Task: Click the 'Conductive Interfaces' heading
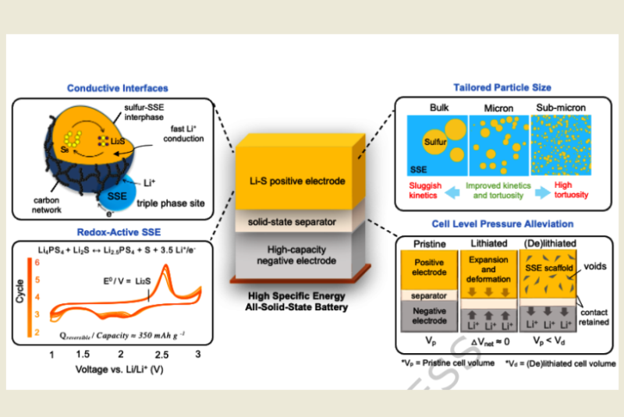point(117,87)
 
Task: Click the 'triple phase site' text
point(172,201)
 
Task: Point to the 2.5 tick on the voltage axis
point(165,354)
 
